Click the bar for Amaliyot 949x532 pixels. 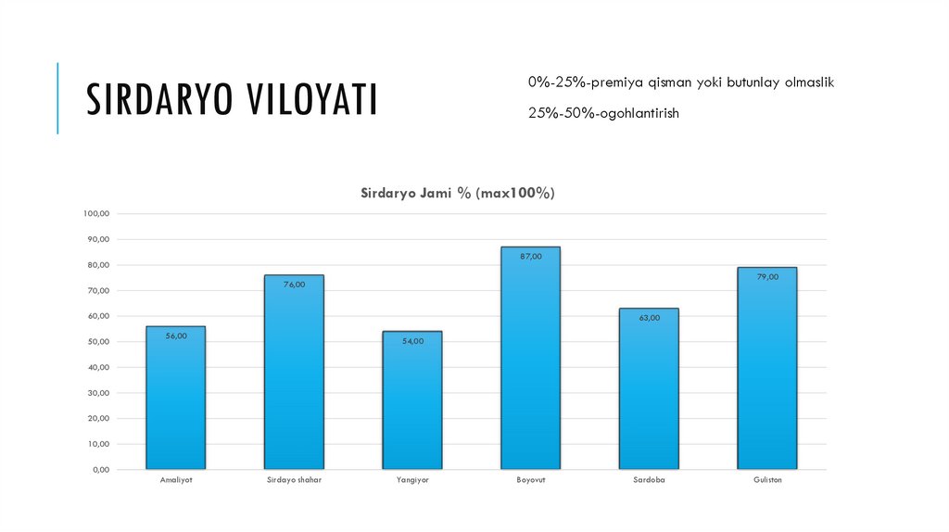(175, 399)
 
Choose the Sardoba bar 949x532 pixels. (649, 389)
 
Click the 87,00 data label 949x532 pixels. (531, 256)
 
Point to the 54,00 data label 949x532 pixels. (412, 341)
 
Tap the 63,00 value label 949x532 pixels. (649, 318)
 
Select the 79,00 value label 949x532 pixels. (766, 277)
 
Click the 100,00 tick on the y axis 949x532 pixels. (96, 213)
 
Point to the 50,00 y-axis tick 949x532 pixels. (99, 342)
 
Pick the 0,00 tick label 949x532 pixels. (101, 470)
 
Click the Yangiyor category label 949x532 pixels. (412, 481)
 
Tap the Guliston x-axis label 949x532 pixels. (766, 481)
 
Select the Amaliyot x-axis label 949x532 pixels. (175, 481)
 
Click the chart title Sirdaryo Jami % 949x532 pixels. (457, 193)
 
